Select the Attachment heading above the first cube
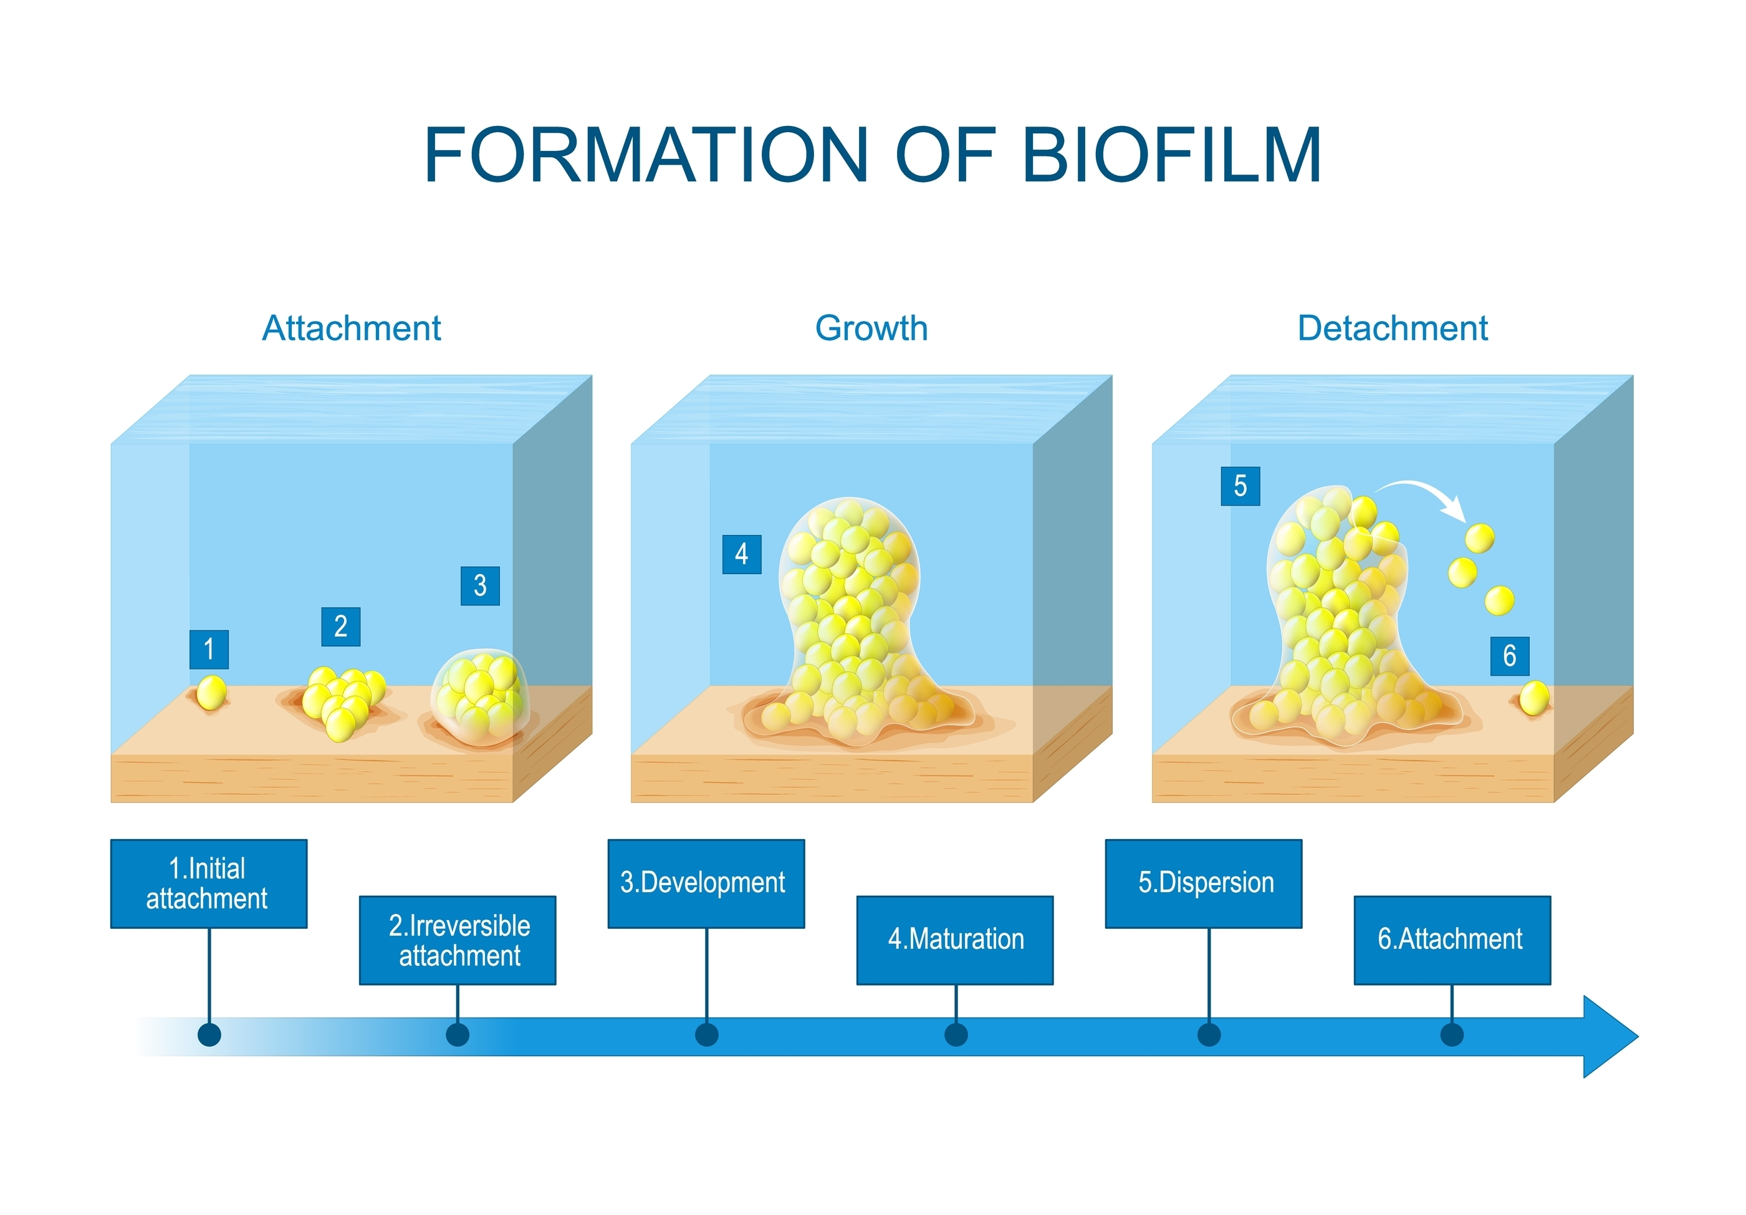pyautogui.click(x=352, y=329)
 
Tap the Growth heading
pyautogui.click(x=871, y=329)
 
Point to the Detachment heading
pyautogui.click(x=1393, y=329)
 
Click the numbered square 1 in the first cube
pyautogui.click(x=209, y=650)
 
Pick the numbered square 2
pyautogui.click(x=341, y=627)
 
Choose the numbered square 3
pyautogui.click(x=480, y=585)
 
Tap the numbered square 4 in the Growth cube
pyautogui.click(x=741, y=554)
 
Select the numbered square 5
pyautogui.click(x=1240, y=486)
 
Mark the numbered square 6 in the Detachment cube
pyautogui.click(x=1510, y=655)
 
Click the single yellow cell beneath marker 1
pyautogui.click(x=211, y=693)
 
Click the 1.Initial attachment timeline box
pyautogui.click(x=209, y=883)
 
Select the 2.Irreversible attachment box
pyautogui.click(x=458, y=941)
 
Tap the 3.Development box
pyautogui.click(x=706, y=883)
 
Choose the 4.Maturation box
pyautogui.click(x=955, y=941)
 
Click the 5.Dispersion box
pyautogui.click(x=1204, y=883)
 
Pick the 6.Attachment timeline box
pyautogui.click(x=1452, y=941)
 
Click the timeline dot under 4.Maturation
pyautogui.click(x=956, y=1035)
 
